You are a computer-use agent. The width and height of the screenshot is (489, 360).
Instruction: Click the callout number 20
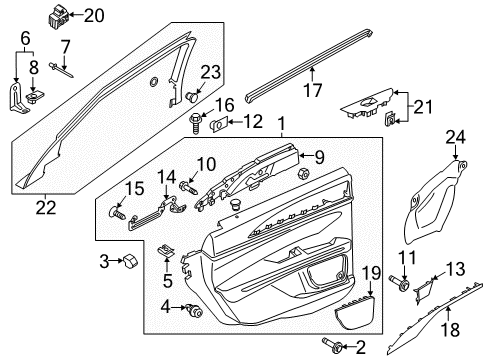coord(93,14)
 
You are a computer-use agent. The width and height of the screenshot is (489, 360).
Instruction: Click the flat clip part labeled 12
coord(220,123)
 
